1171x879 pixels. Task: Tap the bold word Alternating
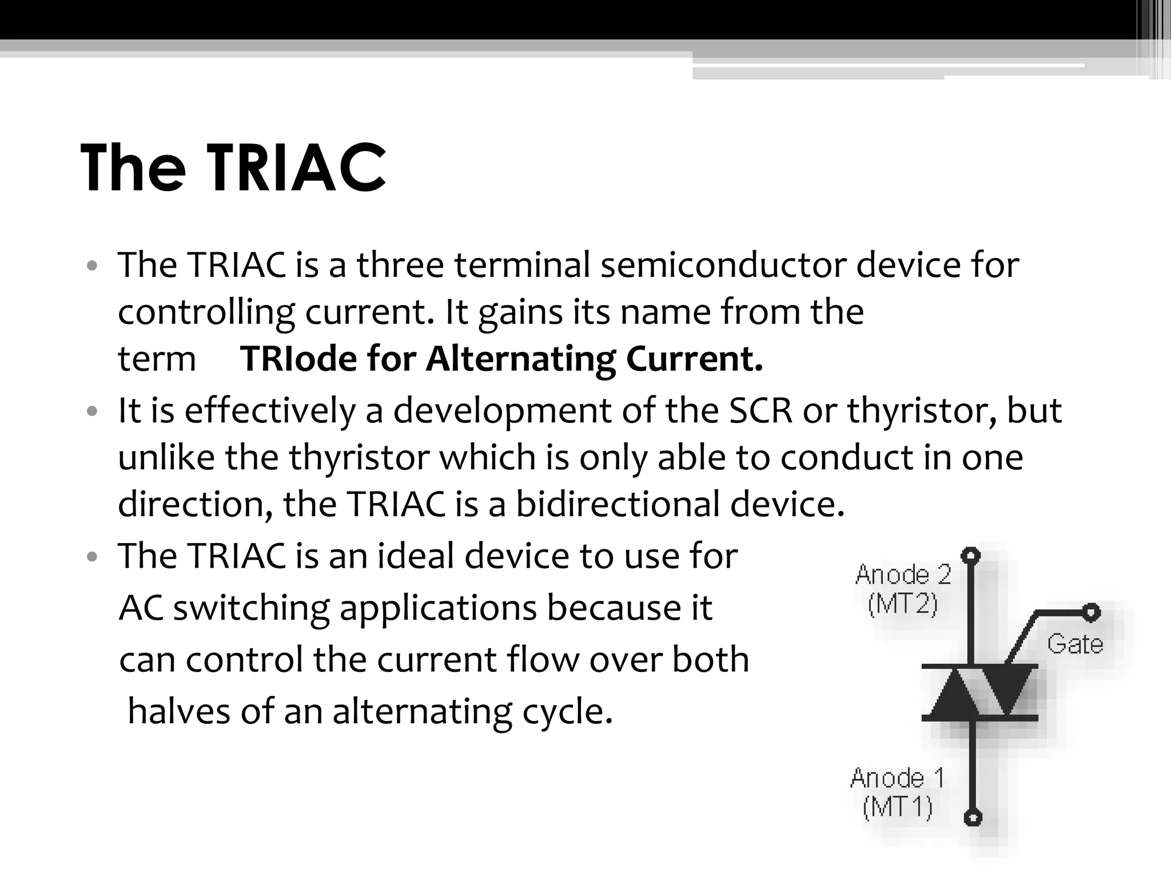pyautogui.click(x=520, y=359)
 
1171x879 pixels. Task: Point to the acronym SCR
pyautogui.click(x=760, y=411)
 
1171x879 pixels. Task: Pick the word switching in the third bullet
pyautogui.click(x=252, y=608)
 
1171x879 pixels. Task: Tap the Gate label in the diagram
pyautogui.click(x=1075, y=644)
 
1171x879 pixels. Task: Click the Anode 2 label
pyautogui.click(x=903, y=574)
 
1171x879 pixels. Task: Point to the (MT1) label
pyautogui.click(x=897, y=807)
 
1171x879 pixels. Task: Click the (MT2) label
pyautogui.click(x=903, y=604)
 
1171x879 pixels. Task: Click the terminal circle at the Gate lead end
pyautogui.click(x=1091, y=613)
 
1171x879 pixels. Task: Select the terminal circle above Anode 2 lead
pyautogui.click(x=971, y=555)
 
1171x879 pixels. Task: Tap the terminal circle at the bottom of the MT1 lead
pyautogui.click(x=973, y=817)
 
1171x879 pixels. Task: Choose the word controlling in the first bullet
pyautogui.click(x=206, y=312)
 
